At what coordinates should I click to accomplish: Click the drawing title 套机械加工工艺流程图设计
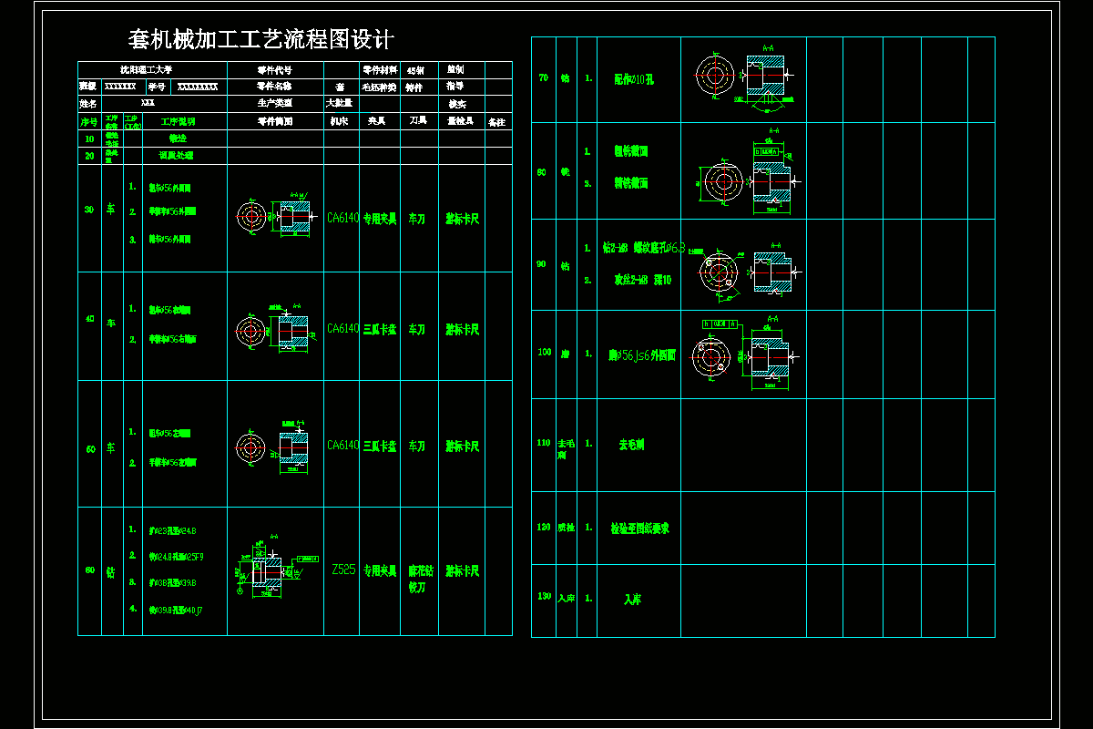260,39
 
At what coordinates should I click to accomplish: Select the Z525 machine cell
343,570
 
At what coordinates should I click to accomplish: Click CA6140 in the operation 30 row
342,218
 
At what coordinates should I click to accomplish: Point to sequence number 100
544,353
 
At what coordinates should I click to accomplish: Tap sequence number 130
544,597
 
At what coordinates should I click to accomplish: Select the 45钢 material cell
415,69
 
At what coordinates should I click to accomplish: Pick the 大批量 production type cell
340,103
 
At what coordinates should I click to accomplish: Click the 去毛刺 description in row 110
631,445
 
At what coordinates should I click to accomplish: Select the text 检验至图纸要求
639,528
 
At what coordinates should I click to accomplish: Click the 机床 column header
340,121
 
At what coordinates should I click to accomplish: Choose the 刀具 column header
418,121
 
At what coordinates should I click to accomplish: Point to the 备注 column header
497,121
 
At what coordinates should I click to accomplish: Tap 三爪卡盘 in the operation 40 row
380,329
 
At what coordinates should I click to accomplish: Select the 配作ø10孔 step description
634,79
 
